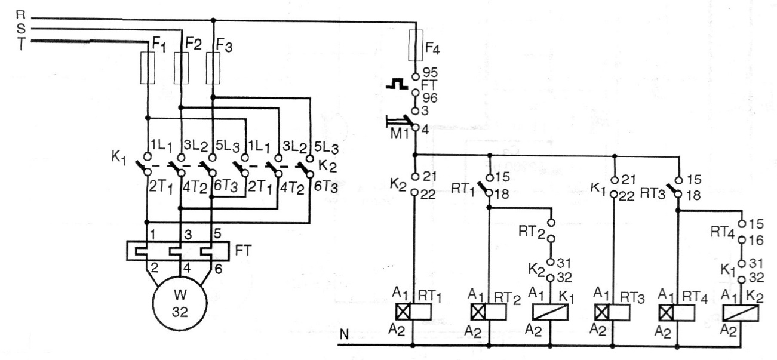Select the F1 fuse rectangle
click(148, 68)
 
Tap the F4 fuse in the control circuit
click(416, 45)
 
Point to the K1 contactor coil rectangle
click(550, 312)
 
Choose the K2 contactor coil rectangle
click(741, 313)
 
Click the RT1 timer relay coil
click(413, 312)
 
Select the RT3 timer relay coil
click(612, 312)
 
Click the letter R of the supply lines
click(21, 14)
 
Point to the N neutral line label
click(344, 334)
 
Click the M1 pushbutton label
click(400, 133)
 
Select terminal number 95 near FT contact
click(430, 72)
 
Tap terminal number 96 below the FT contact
click(430, 98)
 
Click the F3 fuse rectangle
click(213, 68)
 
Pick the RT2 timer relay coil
click(489, 312)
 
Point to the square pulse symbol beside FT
click(398, 84)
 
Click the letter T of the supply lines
click(21, 44)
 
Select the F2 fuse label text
click(194, 44)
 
